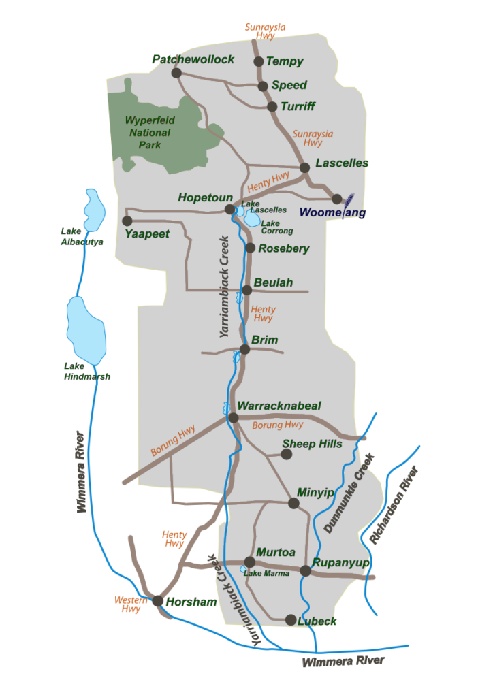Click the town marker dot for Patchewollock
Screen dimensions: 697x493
(176, 73)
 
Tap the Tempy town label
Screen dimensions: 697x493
(285, 62)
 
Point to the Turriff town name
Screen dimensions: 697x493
(298, 107)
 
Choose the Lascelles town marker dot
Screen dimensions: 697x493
(305, 167)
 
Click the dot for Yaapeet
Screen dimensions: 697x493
(127, 221)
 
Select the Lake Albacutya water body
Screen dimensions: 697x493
(92, 210)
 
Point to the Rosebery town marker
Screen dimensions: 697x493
(250, 248)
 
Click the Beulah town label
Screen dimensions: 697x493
(273, 282)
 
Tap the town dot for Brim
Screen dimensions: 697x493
(245, 349)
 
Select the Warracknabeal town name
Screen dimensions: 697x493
(279, 406)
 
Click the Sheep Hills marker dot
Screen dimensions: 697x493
(287, 453)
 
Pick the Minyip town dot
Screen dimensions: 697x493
(293, 504)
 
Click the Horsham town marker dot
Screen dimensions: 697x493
(158, 601)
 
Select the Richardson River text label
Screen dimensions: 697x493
(393, 504)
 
